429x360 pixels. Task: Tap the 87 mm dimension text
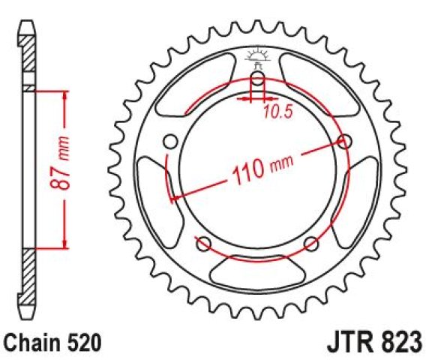click(60, 163)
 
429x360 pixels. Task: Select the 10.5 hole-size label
click(278, 111)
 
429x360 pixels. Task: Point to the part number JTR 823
click(375, 342)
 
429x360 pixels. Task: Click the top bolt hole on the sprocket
click(258, 79)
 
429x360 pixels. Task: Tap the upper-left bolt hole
click(170, 142)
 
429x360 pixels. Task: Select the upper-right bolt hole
click(344, 142)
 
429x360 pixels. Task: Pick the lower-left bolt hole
click(204, 244)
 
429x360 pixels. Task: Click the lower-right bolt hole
click(311, 244)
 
